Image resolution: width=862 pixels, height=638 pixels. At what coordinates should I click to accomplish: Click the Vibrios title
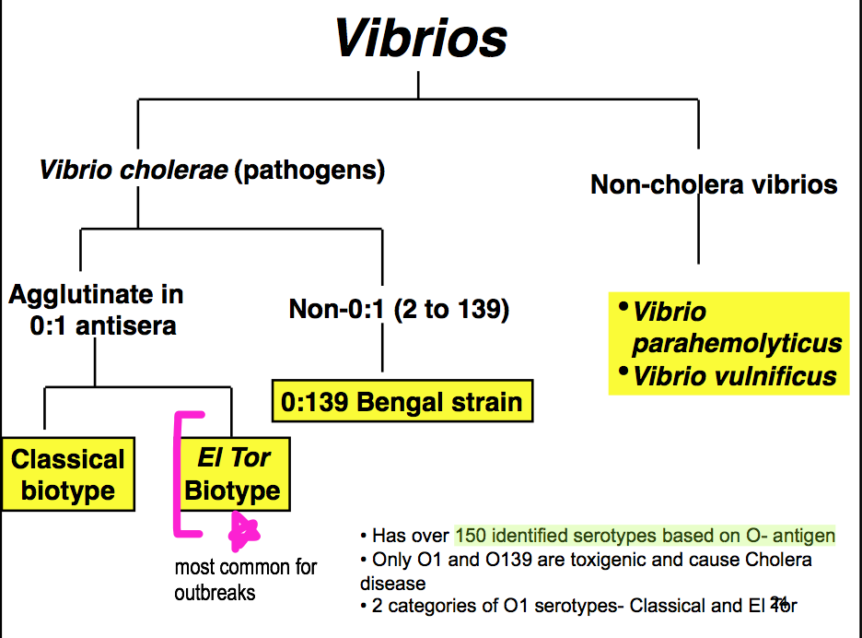[x=420, y=38]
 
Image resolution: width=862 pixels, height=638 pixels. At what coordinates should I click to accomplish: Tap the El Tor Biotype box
[x=234, y=474]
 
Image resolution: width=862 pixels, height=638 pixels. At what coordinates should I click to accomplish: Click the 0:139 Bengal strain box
[x=402, y=402]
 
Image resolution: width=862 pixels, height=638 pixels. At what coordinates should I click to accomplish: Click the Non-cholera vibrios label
[x=714, y=184]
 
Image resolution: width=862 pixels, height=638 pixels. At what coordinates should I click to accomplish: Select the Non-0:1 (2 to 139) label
[x=399, y=309]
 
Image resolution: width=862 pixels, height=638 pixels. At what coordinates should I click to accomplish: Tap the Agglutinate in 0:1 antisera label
[x=96, y=309]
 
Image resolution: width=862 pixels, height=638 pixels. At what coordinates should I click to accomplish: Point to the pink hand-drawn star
[x=243, y=530]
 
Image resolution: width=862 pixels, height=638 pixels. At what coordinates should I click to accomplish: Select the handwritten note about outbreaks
[x=245, y=579]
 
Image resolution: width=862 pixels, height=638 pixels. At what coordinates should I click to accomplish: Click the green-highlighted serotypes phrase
[x=645, y=536]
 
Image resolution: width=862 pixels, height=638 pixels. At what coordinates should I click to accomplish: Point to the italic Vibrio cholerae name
[x=133, y=171]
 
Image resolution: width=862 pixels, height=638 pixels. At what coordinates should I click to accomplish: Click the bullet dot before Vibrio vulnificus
[x=623, y=372]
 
